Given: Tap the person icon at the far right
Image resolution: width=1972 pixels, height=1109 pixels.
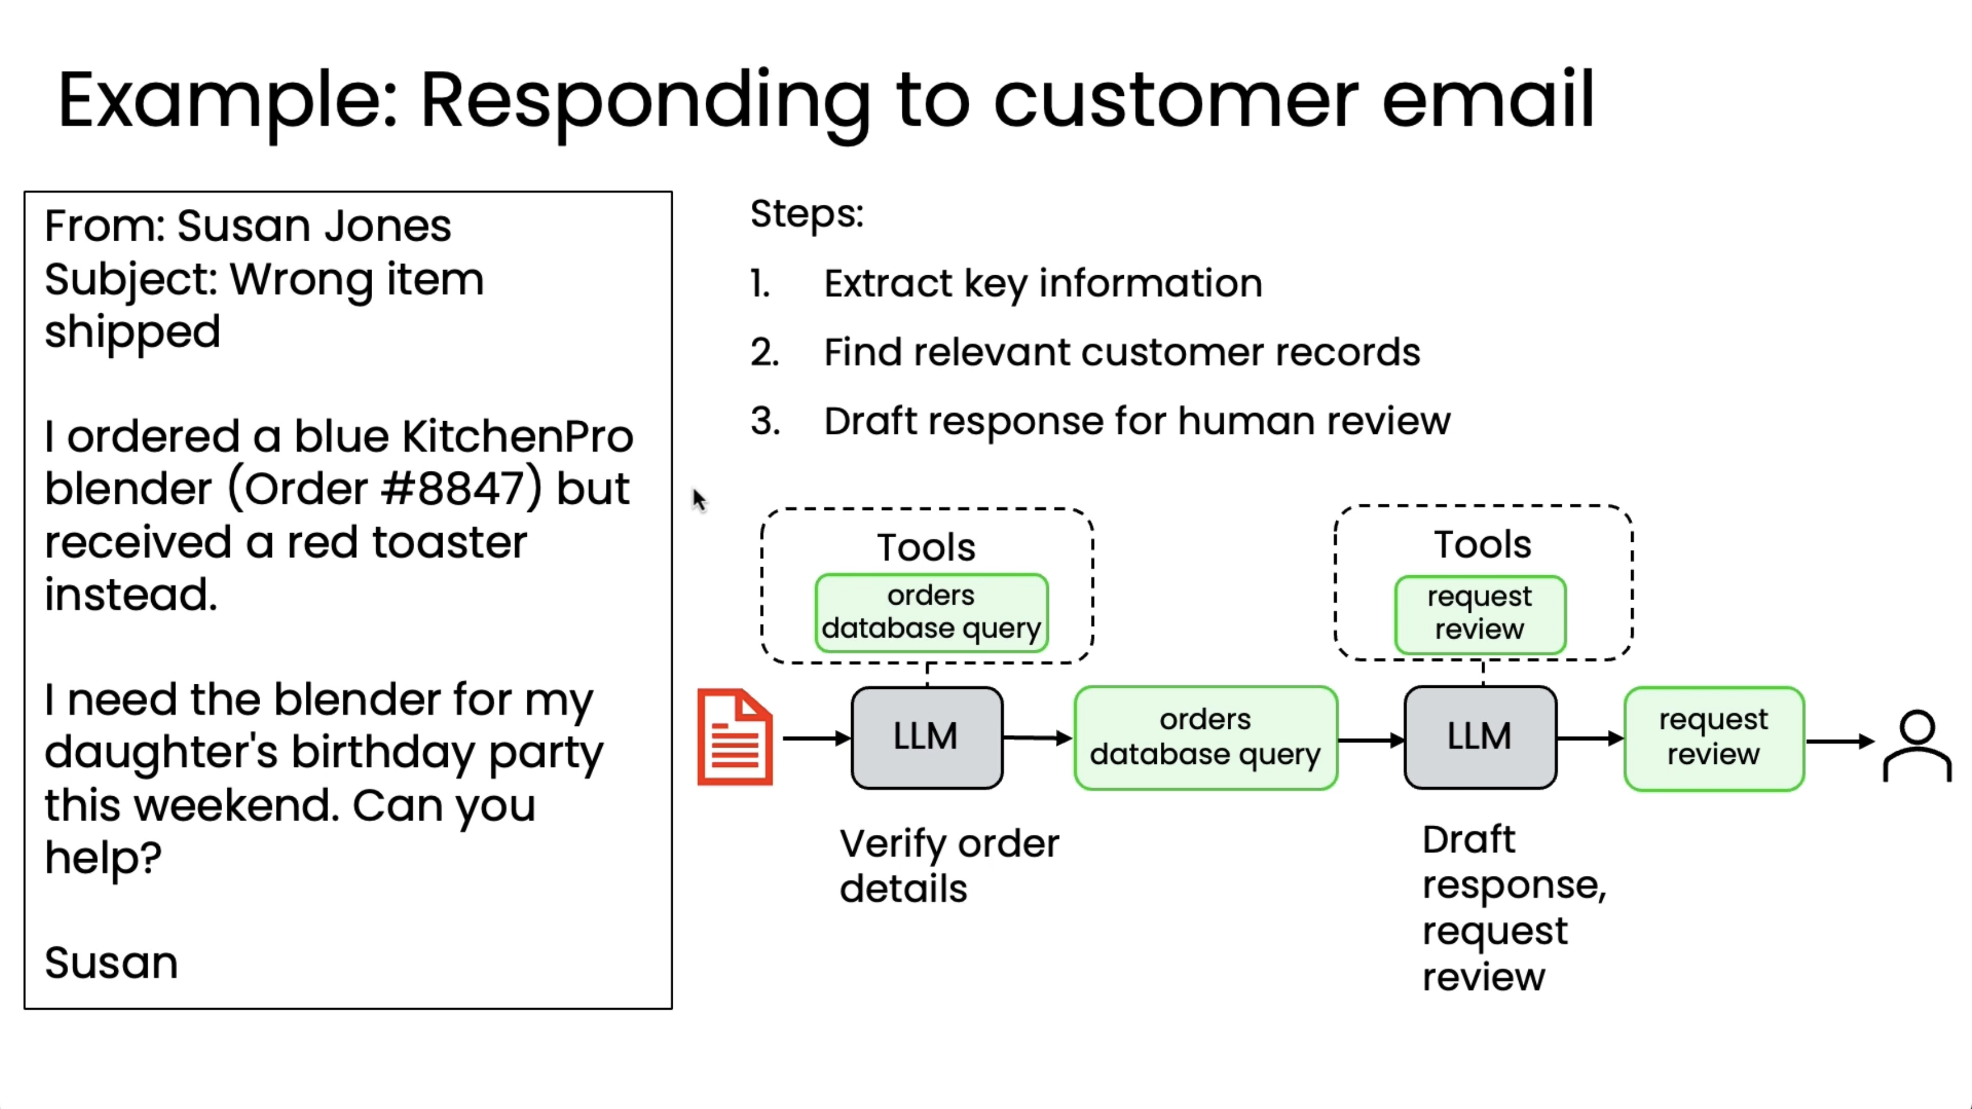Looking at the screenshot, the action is (1917, 746).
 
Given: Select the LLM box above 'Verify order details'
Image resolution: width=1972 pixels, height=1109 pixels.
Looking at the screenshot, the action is (927, 737).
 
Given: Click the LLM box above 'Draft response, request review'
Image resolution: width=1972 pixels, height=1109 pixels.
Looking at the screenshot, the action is (1480, 737).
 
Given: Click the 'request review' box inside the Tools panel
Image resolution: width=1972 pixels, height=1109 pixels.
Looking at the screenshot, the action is (1480, 614).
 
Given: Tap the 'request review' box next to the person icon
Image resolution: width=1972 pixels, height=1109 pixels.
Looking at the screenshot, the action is (1714, 738).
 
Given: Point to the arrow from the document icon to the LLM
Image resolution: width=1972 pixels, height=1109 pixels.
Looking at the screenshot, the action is (816, 738).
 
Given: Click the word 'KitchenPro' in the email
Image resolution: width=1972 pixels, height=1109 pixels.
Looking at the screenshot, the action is (518, 436).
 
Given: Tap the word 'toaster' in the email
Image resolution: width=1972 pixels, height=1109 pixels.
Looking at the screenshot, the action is (449, 542).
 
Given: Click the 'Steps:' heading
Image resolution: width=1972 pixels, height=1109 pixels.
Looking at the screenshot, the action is (807, 213).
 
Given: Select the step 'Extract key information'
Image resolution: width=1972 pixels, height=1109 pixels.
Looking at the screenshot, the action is (1043, 283).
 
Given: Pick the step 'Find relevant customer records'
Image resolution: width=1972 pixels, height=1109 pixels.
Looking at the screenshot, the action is (1122, 352).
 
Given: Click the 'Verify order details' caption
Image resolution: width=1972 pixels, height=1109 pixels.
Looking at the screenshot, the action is (949, 866).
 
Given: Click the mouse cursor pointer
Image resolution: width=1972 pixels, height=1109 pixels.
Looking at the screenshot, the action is (699, 500).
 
